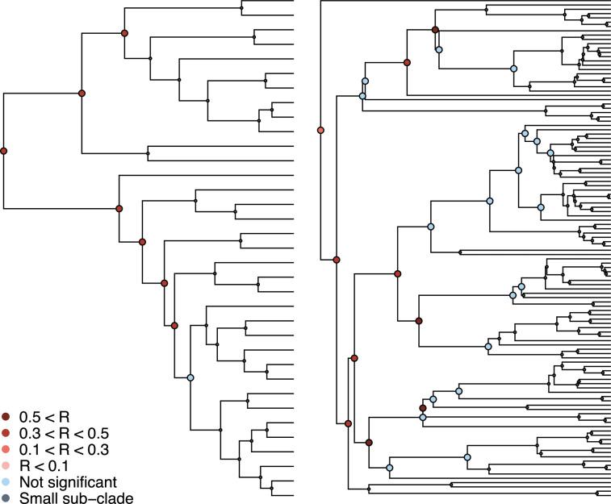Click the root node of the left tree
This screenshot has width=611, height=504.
pyautogui.click(x=3, y=151)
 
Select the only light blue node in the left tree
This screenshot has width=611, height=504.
pyautogui.click(x=190, y=377)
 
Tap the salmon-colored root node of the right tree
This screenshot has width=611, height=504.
pyautogui.click(x=320, y=130)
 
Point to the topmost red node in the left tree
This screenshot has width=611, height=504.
pyautogui.click(x=124, y=33)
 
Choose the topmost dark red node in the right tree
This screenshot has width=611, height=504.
pyautogui.click(x=435, y=30)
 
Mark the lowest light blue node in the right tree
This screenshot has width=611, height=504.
pyautogui.click(x=389, y=468)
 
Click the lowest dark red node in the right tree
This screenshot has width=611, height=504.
pyautogui.click(x=369, y=442)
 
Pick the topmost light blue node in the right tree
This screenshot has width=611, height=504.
pyautogui.click(x=439, y=50)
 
